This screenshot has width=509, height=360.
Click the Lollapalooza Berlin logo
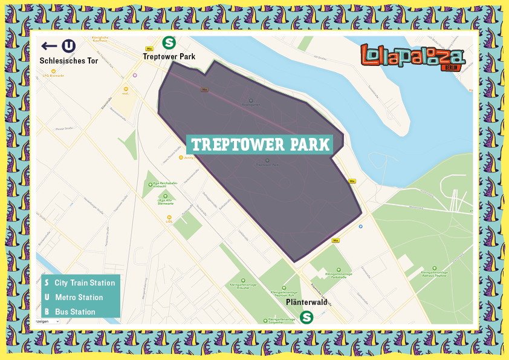(413, 57)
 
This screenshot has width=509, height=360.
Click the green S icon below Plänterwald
(307, 316)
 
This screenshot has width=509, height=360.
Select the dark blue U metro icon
(69, 46)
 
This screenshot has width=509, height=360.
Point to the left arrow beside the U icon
(49, 46)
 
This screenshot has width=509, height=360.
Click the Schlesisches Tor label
(68, 61)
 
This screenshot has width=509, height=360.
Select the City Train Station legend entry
(80, 283)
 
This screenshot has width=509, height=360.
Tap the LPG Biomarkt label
(54, 75)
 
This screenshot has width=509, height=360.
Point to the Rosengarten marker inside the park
(251, 102)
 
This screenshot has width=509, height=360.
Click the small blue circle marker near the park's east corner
(361, 226)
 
